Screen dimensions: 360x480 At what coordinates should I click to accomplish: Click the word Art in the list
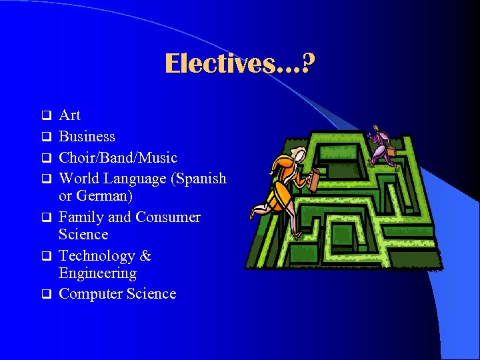69,115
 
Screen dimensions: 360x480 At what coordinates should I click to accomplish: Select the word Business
87,137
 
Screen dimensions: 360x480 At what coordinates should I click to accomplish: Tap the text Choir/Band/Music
118,158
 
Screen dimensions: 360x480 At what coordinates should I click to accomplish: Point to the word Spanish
202,179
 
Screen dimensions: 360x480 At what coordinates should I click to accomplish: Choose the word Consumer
167,217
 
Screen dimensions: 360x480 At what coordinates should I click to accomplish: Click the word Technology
99,256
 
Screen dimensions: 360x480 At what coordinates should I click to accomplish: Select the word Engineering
97,273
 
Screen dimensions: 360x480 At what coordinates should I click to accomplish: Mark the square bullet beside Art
47,115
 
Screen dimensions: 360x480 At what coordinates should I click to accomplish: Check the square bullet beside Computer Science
47,294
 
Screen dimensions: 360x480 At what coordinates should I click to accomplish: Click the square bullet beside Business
47,137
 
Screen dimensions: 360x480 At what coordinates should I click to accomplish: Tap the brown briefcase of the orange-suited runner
312,179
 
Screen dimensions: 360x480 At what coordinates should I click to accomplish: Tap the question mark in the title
309,64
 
